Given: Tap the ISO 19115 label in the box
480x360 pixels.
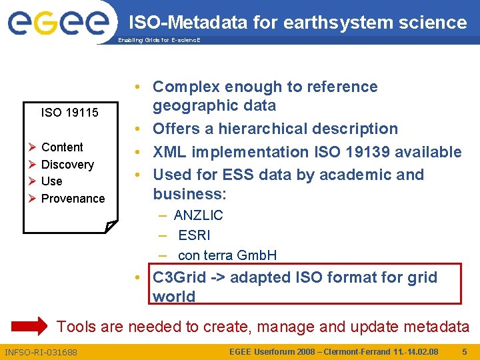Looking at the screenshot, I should (69, 113).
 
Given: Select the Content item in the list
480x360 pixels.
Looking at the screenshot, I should (62, 147).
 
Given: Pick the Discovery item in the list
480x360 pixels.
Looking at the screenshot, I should (67, 165).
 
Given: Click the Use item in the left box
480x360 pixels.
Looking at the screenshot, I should (51, 181).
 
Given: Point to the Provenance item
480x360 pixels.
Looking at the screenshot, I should (73, 199).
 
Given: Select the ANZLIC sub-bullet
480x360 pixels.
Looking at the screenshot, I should (198, 215).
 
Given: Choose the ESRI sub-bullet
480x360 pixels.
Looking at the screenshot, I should (194, 235).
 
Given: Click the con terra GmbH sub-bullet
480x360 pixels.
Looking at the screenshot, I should (227, 255).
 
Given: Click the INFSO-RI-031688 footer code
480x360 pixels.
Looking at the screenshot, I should (41, 352).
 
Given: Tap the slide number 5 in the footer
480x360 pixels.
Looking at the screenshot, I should (465, 351).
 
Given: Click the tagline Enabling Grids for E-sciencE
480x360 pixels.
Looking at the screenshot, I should (159, 40).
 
